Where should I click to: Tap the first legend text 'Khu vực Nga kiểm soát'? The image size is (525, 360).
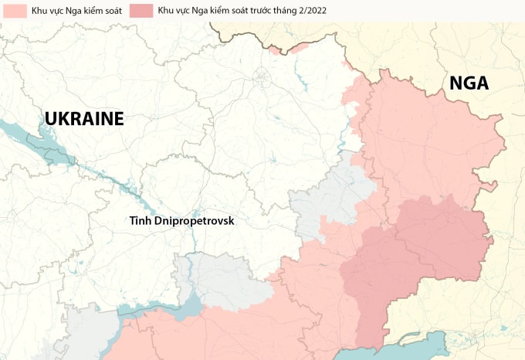click(72, 11)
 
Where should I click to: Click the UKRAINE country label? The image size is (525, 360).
click(84, 118)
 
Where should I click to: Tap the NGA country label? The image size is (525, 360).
click(469, 83)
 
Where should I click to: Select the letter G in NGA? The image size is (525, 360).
click(468, 83)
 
